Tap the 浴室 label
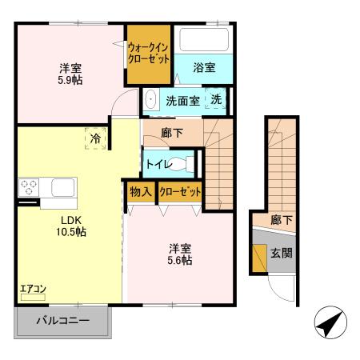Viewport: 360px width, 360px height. (x=203, y=69)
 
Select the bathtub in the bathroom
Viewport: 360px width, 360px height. (x=203, y=39)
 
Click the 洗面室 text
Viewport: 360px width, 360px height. (x=182, y=101)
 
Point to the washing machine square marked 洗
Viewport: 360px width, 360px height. (x=217, y=100)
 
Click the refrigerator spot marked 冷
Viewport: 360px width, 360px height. (x=96, y=138)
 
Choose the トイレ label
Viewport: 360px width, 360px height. (x=157, y=163)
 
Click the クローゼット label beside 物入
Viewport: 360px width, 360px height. (x=179, y=193)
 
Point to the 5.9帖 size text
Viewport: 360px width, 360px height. (x=70, y=79)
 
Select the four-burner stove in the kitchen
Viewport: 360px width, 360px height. (x=30, y=189)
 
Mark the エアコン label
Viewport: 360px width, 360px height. (x=33, y=289)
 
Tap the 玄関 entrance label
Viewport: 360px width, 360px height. (x=281, y=254)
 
